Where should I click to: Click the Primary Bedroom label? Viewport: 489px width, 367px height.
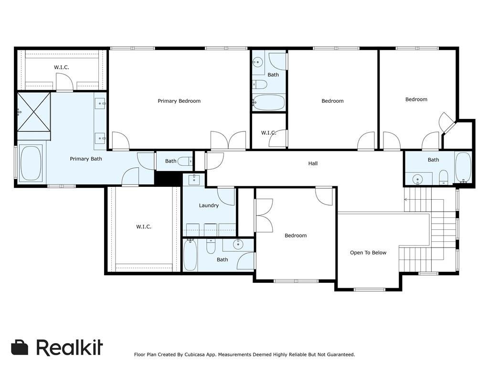(179, 101)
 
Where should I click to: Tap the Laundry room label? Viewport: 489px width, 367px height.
(209, 205)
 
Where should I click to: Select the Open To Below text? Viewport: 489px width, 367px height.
(368, 253)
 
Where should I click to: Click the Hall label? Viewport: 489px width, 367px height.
(313, 163)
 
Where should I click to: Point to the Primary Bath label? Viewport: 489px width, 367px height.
(86, 159)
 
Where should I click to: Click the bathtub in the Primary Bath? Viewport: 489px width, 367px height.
(31, 163)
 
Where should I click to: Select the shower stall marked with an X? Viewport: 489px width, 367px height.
(34, 112)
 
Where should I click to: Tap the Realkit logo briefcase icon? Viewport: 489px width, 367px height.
(20, 347)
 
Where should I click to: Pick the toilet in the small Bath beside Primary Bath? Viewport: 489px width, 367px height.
(185, 162)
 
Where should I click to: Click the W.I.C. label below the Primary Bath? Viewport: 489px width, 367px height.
(144, 227)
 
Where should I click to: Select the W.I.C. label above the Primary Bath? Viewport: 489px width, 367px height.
(61, 67)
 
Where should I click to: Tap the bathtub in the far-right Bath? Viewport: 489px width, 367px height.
(463, 167)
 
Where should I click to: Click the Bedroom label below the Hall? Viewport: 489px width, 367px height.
(296, 235)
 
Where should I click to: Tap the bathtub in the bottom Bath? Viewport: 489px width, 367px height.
(190, 255)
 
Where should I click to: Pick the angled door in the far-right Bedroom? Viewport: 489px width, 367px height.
(448, 122)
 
